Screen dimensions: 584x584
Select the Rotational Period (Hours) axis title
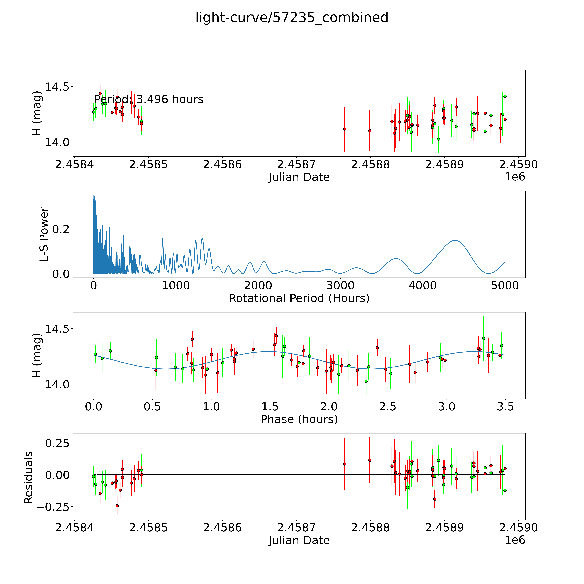point(299,298)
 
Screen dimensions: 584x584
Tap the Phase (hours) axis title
point(299,419)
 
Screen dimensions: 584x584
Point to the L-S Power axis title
point(44,234)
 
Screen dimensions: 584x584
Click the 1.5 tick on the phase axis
point(270,407)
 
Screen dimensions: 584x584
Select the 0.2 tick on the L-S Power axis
point(61,229)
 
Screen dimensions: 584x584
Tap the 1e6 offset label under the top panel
point(515,177)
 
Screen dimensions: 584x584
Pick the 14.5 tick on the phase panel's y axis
point(57,329)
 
